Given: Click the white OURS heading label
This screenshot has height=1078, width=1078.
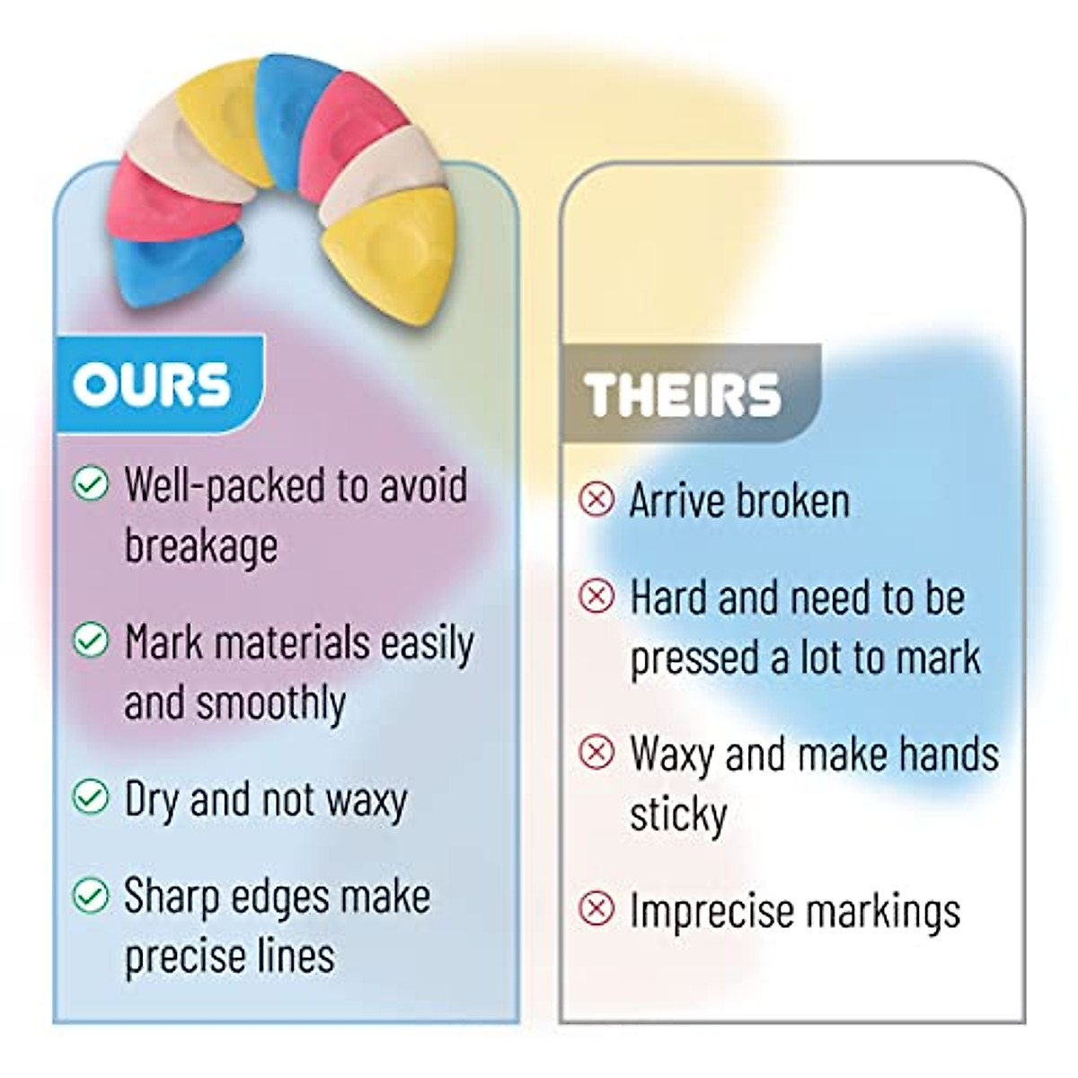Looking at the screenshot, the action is [151, 384].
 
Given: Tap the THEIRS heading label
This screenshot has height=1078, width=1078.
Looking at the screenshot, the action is [682, 393].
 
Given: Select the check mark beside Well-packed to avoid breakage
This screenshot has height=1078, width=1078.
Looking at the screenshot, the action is [90, 483].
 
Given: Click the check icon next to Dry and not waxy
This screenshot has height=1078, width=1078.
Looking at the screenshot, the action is [90, 796].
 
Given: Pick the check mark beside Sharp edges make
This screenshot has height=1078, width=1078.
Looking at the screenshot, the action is [90, 896].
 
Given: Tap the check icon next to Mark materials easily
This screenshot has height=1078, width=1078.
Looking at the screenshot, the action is [90, 640].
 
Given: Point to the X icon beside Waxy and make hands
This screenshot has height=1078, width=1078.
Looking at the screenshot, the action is [596, 751].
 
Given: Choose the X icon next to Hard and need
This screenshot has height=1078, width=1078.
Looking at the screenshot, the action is [596, 595].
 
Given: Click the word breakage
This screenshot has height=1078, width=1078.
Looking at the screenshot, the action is [201, 547].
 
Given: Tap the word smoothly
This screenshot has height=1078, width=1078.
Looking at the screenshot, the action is [270, 703].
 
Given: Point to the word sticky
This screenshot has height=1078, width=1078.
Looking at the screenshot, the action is [678, 814].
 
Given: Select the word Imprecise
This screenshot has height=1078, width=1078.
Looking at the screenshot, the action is [713, 910].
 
